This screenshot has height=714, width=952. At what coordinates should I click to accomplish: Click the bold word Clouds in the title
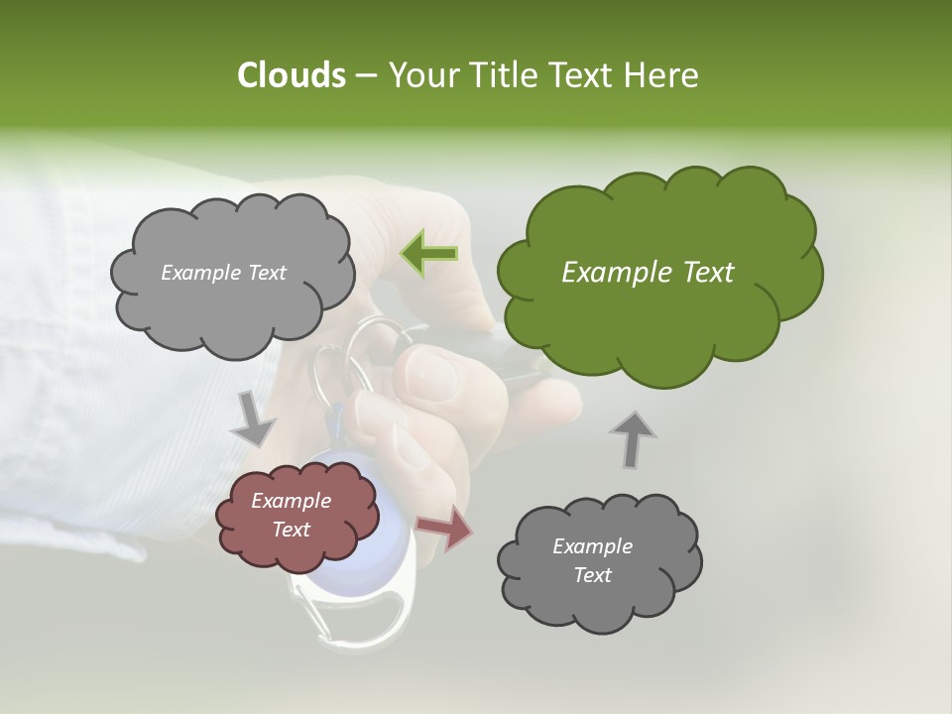291,75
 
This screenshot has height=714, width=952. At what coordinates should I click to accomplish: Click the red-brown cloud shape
297,516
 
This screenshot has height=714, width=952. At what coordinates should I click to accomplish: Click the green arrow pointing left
428,254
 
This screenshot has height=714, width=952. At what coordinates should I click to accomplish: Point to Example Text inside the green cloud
648,273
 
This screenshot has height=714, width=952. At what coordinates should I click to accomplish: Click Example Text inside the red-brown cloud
291,516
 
